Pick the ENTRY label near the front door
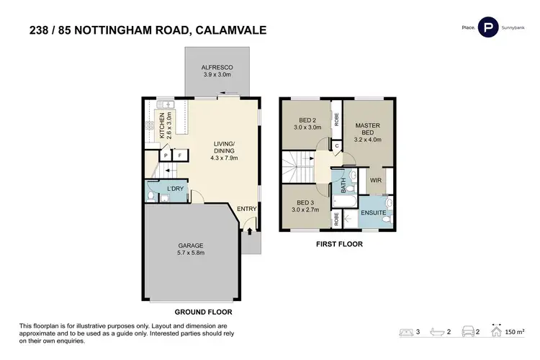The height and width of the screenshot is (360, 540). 247,209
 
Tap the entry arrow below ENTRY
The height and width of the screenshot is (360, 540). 248,231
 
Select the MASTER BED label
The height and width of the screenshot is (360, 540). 367,130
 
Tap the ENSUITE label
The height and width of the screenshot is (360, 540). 373,212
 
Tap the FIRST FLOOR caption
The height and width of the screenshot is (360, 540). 338,245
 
